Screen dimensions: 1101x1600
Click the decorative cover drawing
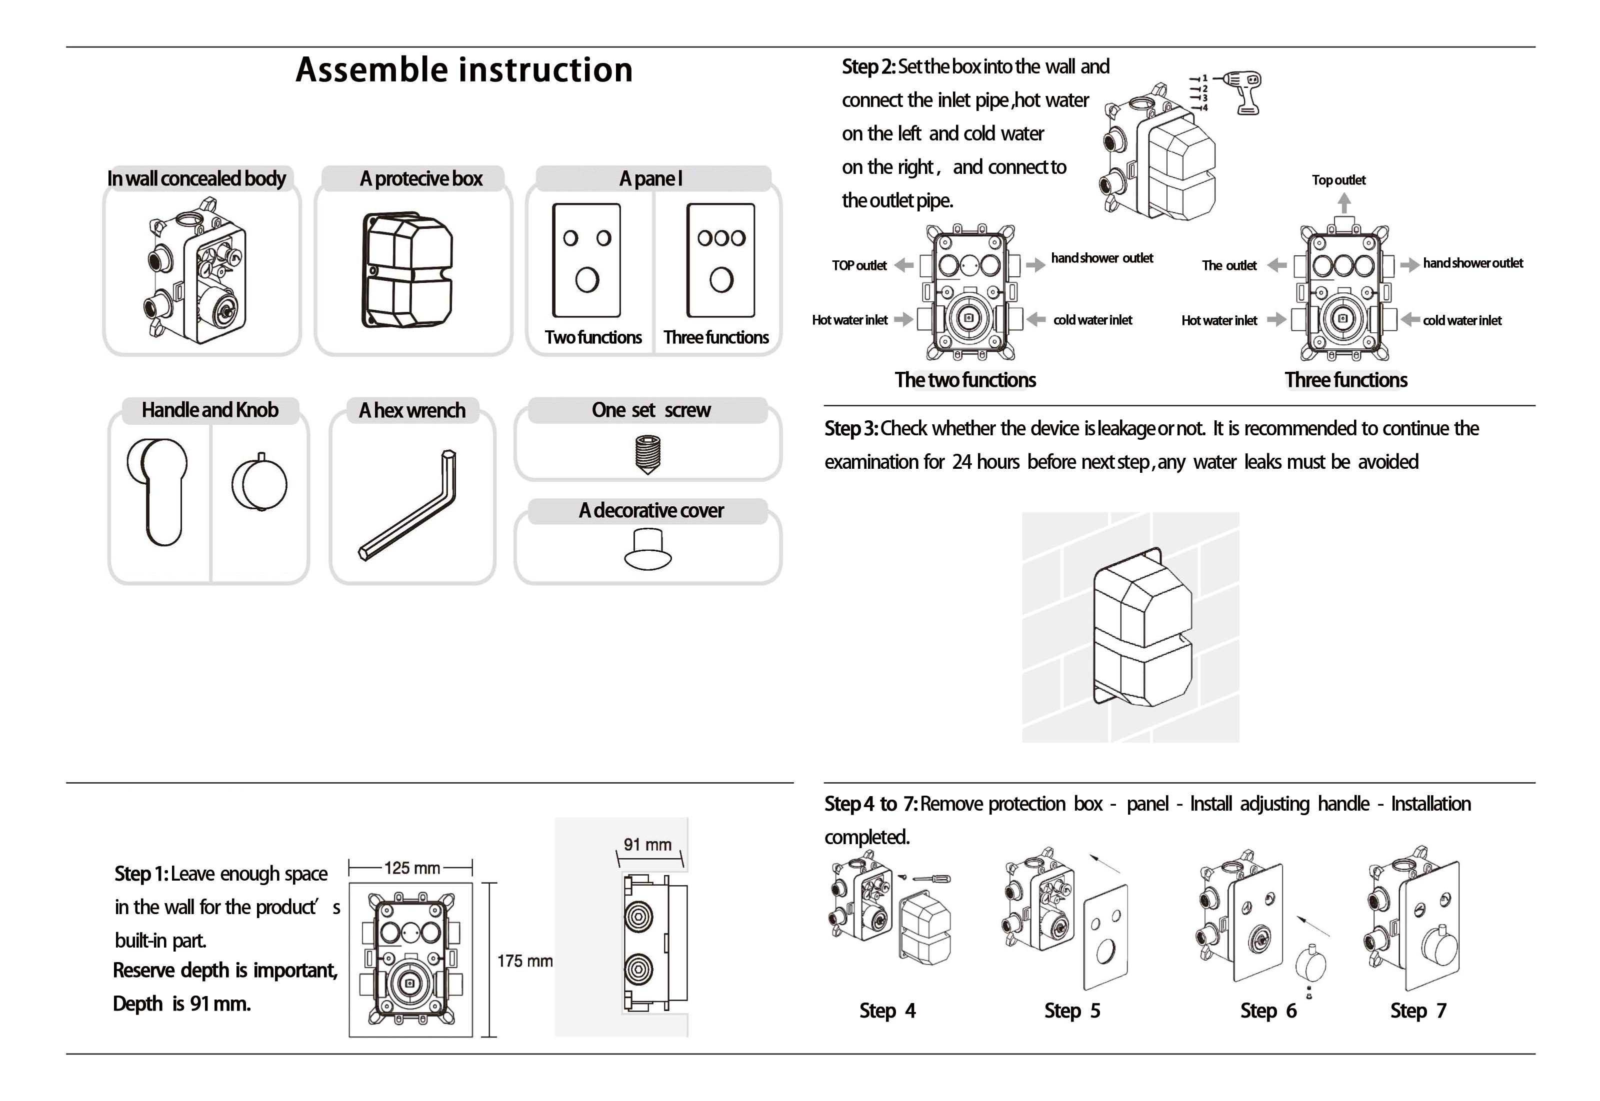tap(648, 549)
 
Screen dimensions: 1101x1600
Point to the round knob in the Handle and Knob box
tap(259, 484)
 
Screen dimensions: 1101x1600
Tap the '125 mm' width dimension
tap(412, 868)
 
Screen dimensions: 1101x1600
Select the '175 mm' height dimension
tap(524, 961)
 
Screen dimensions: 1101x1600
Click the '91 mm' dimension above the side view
tap(647, 845)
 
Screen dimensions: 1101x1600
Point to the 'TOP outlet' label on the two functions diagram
tap(859, 265)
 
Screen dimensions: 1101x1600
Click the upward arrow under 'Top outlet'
tap(1344, 203)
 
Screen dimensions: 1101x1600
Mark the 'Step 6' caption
tap(1268, 1011)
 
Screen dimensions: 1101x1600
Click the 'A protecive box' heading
tap(421, 179)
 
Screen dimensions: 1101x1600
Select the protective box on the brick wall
tap(1142, 628)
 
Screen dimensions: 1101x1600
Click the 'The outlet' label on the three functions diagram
tap(1229, 265)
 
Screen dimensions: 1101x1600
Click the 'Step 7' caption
tap(1418, 1011)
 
